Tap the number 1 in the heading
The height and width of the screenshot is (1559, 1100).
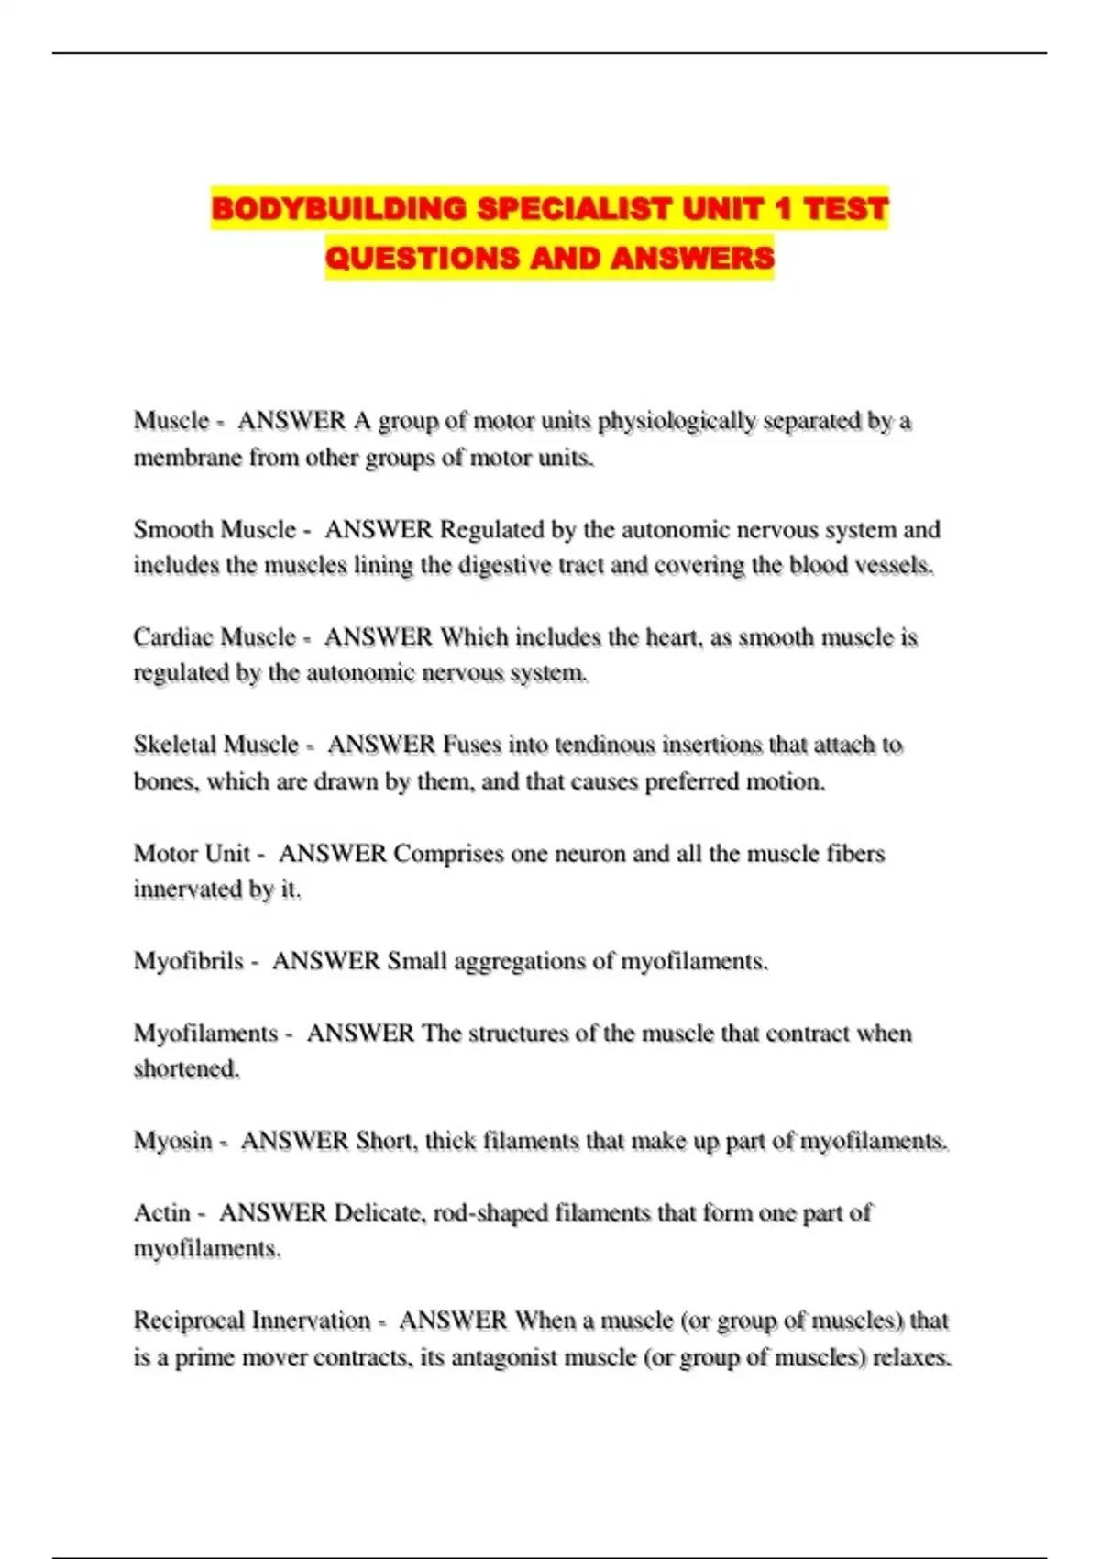782,209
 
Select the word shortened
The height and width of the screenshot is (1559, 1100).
187,1069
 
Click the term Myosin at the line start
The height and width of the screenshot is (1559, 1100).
172,1141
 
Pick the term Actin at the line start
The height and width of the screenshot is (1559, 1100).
161,1213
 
